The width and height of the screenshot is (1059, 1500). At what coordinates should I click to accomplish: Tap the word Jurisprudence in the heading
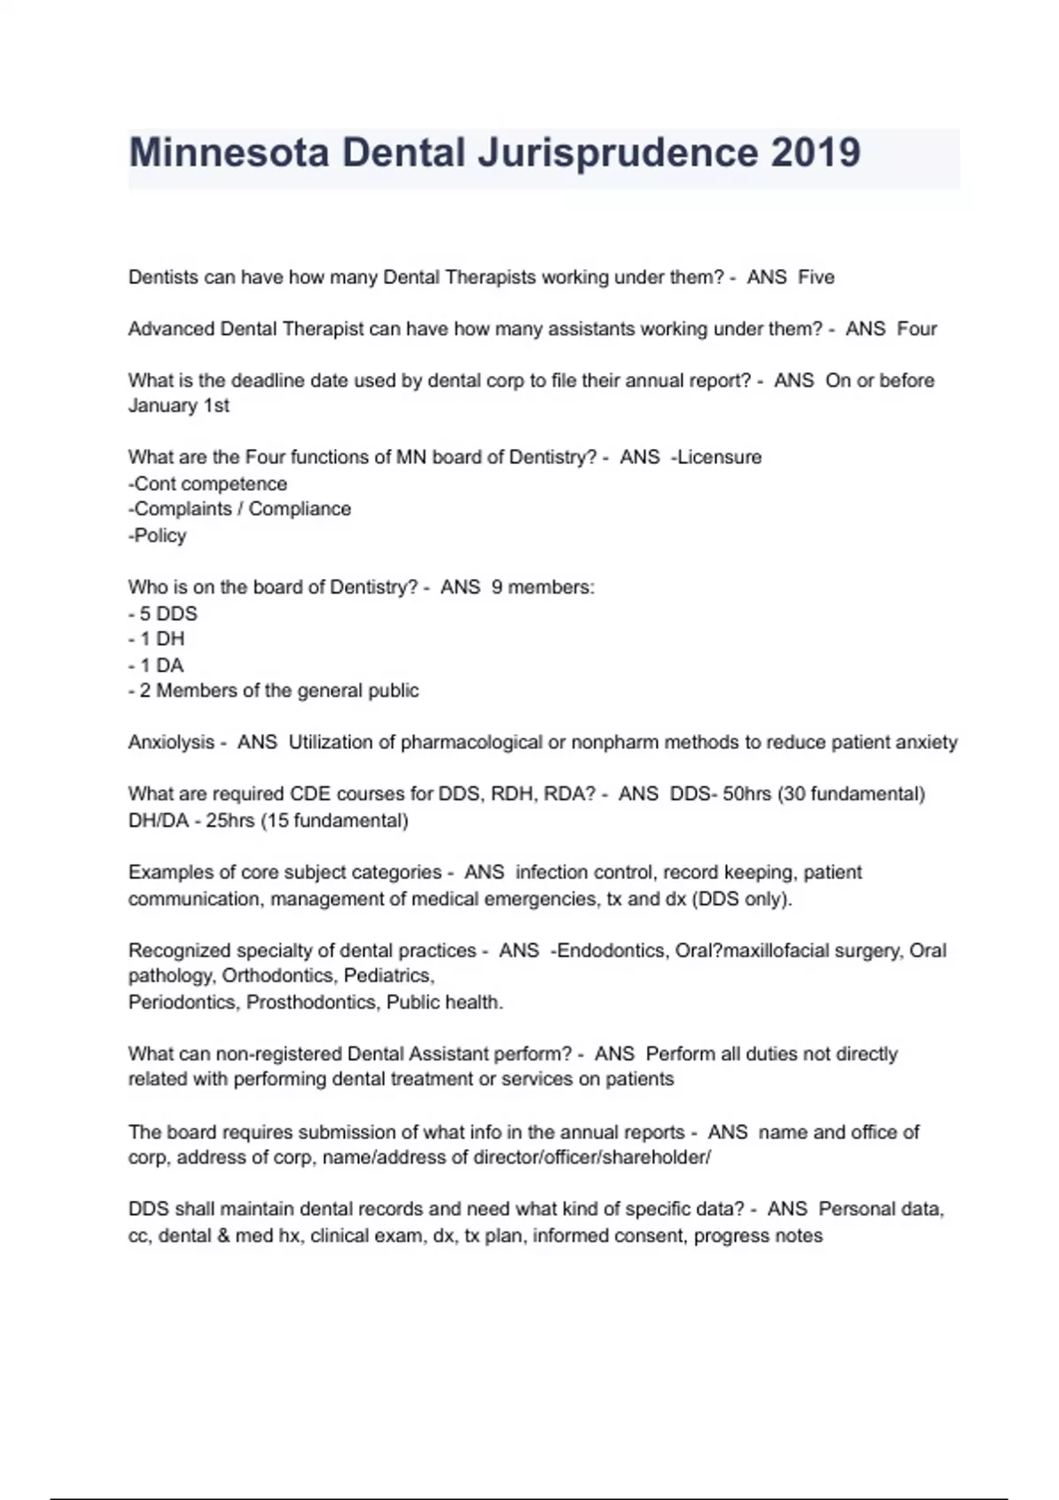pos(618,153)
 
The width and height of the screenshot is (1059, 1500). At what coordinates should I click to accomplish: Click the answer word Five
pos(816,277)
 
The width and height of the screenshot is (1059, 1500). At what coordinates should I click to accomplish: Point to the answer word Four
pos(917,329)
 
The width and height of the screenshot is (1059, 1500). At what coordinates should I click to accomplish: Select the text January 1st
pos(178,406)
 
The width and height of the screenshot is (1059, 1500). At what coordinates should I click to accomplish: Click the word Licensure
pos(718,457)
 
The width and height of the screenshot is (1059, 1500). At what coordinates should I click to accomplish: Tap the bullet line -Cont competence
pos(207,484)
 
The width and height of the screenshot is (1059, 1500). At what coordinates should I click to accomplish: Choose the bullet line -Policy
pos(157,536)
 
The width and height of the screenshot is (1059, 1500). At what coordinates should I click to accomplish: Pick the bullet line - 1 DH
pos(156,639)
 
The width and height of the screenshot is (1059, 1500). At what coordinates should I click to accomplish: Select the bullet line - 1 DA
pos(156,665)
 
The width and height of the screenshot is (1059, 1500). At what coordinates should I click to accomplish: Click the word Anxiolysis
pos(171,742)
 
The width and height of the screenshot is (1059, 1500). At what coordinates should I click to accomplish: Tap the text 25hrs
pos(230,821)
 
